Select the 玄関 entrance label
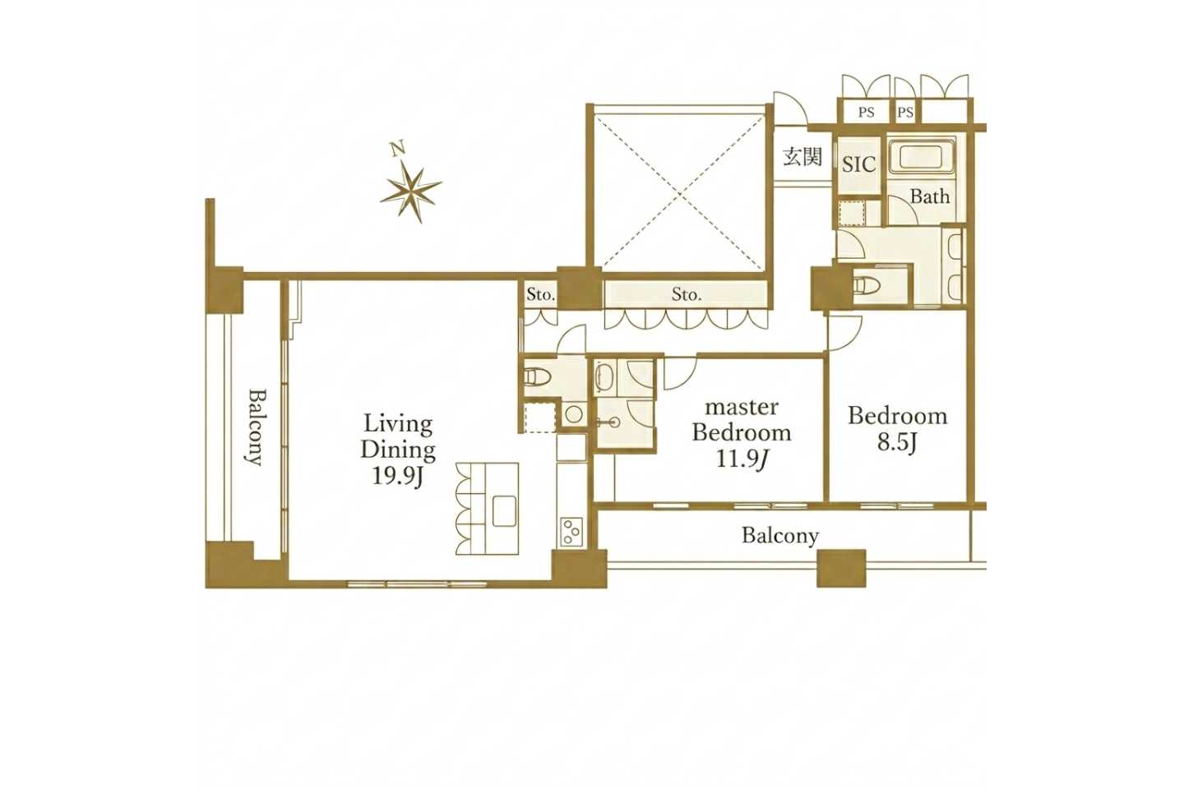(802, 157)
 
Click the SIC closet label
(859, 164)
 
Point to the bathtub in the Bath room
(922, 156)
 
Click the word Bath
(930, 196)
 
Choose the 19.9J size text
(397, 477)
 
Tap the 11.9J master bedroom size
(742, 459)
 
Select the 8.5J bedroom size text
(897, 443)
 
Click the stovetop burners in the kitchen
(571, 531)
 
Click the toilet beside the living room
(538, 376)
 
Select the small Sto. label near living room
(540, 294)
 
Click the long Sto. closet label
(687, 294)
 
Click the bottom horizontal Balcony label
(780, 536)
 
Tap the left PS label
(866, 112)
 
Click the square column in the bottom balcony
(841, 569)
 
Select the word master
(742, 408)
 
